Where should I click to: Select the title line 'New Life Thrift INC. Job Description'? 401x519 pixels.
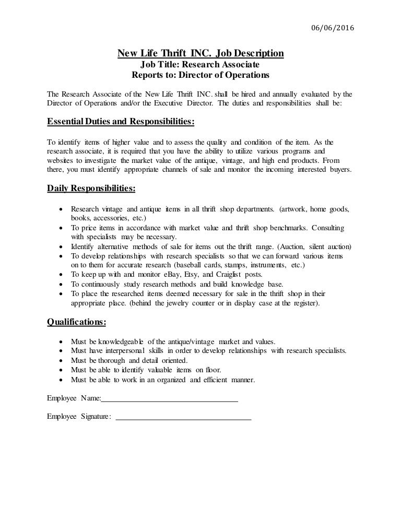pyautogui.click(x=200, y=53)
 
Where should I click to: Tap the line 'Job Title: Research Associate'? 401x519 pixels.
pyautogui.click(x=200, y=64)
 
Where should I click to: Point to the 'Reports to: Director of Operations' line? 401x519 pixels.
pyautogui.click(x=200, y=75)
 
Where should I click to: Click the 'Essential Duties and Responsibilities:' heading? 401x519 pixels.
pyautogui.click(x=121, y=122)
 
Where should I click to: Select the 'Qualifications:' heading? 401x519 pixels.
pyautogui.click(x=76, y=322)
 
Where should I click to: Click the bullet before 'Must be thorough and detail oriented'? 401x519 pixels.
pyautogui.click(x=62, y=361)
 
